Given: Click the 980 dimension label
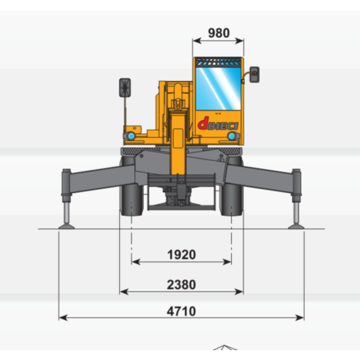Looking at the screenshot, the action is pyautogui.click(x=219, y=33).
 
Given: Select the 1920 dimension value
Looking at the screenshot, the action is pyautogui.click(x=181, y=255).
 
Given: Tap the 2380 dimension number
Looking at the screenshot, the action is pyautogui.click(x=181, y=285).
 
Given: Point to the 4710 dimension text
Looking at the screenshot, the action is pyautogui.click(x=181, y=312).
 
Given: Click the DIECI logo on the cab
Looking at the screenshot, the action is pyautogui.click(x=218, y=124).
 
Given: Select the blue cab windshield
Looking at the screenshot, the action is pyautogui.click(x=218, y=88).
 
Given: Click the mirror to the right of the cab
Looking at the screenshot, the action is pyautogui.click(x=255, y=75).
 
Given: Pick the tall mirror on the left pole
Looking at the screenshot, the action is pyautogui.click(x=125, y=88).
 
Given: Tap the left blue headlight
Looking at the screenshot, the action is pyautogui.click(x=131, y=136).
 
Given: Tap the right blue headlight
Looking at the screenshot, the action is pyautogui.click(x=232, y=136).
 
